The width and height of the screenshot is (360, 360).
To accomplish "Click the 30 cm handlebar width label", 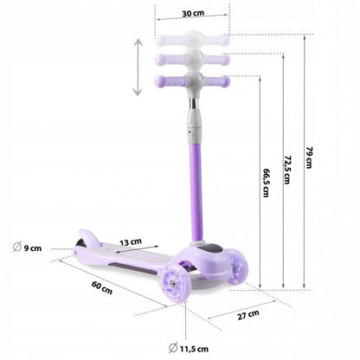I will tap(192, 14).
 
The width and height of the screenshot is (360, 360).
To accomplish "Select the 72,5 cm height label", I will tap(286, 168).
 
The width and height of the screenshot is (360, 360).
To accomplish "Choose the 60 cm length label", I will tap(100, 290).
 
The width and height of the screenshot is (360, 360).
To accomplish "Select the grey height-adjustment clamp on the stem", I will tap(192, 130).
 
